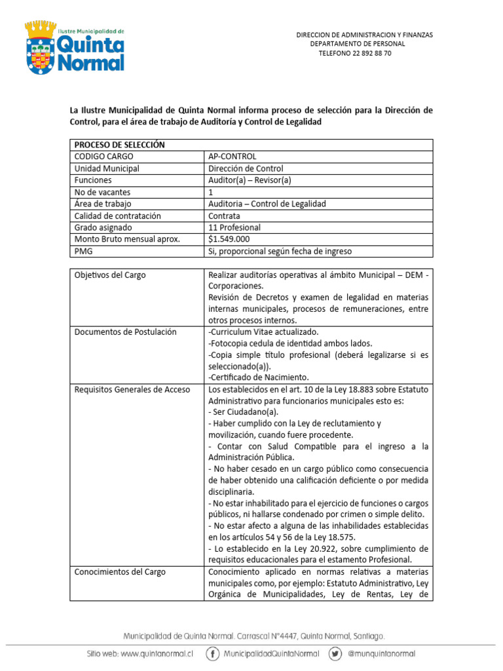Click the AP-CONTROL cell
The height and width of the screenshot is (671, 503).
pyautogui.click(x=232, y=157)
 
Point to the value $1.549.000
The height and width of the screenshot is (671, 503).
pyautogui.click(x=229, y=239)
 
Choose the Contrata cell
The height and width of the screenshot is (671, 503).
pyautogui.click(x=224, y=216)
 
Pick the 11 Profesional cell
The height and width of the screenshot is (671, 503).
pyautogui.click(x=234, y=227)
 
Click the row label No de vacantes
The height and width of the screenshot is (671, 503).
pyautogui.click(x=102, y=192)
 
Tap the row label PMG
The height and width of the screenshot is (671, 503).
pyautogui.click(x=83, y=251)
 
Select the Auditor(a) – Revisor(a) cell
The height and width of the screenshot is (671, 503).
pyautogui.click(x=249, y=180)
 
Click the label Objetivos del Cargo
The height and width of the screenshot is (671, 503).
pyautogui.click(x=110, y=275)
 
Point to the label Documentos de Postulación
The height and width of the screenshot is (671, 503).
pyautogui.click(x=125, y=332)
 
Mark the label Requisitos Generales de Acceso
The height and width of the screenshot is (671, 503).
pyautogui.click(x=132, y=389)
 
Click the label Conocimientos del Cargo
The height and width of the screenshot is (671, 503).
pyautogui.click(x=120, y=572)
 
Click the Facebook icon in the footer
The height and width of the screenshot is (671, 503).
pyautogui.click(x=213, y=653)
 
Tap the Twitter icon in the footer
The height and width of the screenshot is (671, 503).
pyautogui.click(x=335, y=653)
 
